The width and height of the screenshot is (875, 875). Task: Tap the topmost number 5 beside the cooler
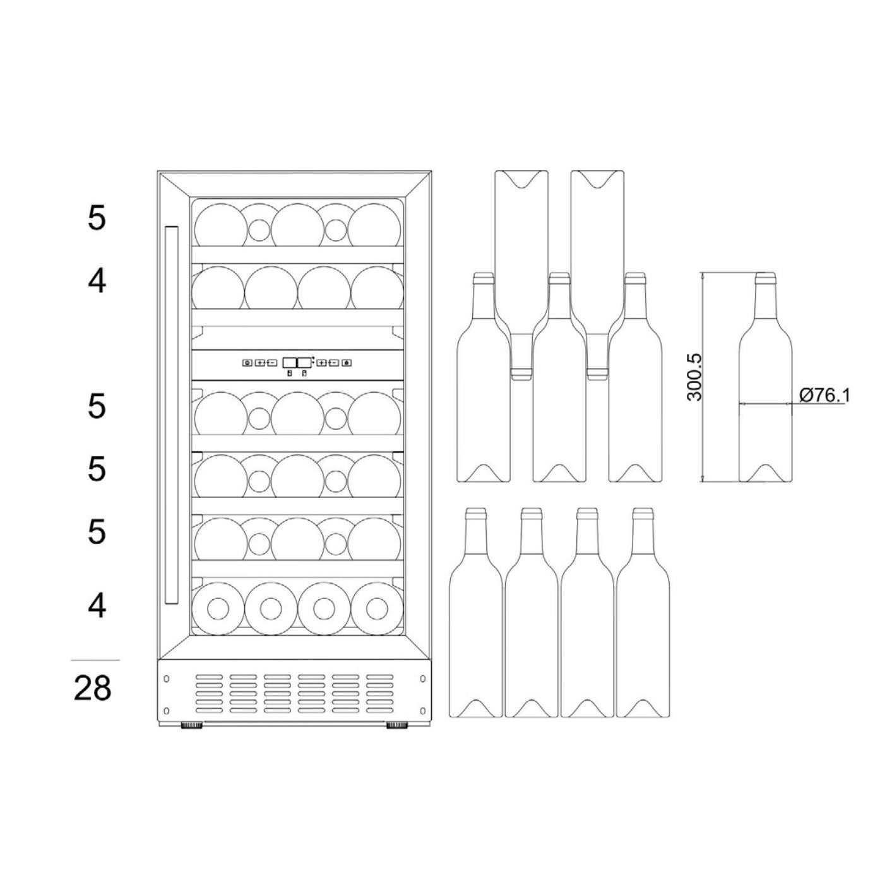tap(97, 218)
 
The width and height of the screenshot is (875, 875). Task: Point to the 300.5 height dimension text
tap(694, 378)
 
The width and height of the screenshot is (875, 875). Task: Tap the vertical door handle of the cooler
tap(171, 415)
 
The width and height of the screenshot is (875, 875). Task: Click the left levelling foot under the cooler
tap(192, 725)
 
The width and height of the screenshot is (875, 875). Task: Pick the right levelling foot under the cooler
tap(397, 725)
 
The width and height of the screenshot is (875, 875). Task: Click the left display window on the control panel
tap(289, 362)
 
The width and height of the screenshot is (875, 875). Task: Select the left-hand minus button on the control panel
tap(271, 363)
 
